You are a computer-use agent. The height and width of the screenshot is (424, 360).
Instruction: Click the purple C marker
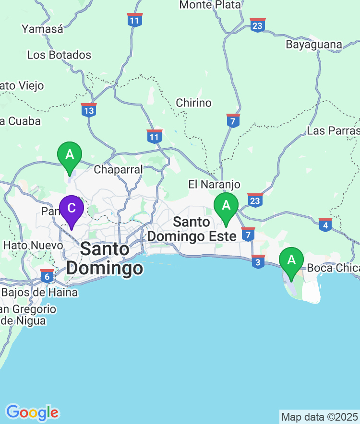pos(72,209)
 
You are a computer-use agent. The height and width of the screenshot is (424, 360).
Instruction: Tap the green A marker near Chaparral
pos(70,155)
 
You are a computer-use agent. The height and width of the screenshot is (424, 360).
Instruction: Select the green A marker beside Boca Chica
pos(291,260)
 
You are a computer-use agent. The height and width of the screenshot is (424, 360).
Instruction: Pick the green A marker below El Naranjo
pos(226,206)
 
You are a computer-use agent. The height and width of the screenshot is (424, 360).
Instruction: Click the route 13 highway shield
pos(89,110)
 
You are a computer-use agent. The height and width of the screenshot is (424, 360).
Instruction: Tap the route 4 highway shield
pos(325,224)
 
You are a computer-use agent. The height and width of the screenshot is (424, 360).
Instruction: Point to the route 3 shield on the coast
pos(258,262)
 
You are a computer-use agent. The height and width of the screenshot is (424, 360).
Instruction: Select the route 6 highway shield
pos(47,276)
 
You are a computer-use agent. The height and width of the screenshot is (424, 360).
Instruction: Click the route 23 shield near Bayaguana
pos(258,25)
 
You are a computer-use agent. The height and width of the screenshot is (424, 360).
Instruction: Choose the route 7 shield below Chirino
pos(233,120)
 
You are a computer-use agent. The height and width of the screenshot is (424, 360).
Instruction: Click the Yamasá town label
pos(42,29)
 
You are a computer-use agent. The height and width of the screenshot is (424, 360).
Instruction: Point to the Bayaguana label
pos(314,45)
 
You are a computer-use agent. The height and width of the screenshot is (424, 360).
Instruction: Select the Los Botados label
pos(59,55)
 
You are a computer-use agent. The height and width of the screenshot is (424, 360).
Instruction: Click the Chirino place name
pos(193,103)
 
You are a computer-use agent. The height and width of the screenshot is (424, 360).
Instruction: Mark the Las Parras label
pos(333,130)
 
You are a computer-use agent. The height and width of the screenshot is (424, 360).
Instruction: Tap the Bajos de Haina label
pos(39,292)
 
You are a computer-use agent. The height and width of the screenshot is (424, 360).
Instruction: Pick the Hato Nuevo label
pos(33,245)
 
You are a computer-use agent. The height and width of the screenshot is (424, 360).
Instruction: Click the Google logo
pos(32,412)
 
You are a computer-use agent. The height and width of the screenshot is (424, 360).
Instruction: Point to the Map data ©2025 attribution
pos(319,416)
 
